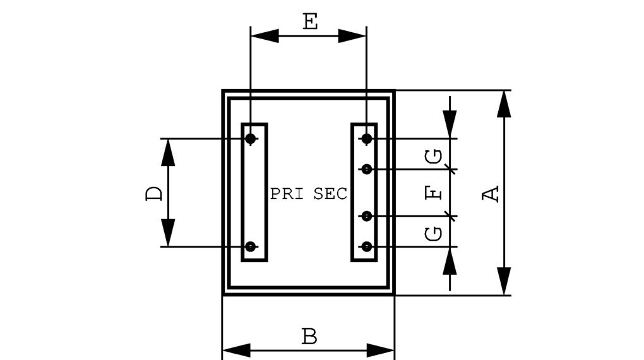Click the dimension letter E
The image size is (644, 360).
(309, 21)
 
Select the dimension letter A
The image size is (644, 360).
(491, 194)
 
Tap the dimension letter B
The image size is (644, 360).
(309, 337)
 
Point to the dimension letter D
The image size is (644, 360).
(153, 193)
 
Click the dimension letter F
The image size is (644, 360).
(434, 193)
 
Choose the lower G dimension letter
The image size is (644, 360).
(434, 234)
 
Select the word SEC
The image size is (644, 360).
(330, 194)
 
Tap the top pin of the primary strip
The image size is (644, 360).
(251, 138)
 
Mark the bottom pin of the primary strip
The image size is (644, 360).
(251, 246)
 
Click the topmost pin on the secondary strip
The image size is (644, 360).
(366, 138)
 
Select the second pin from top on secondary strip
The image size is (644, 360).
(366, 169)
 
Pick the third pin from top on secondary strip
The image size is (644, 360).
(366, 217)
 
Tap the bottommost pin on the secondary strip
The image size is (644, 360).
(366, 246)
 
